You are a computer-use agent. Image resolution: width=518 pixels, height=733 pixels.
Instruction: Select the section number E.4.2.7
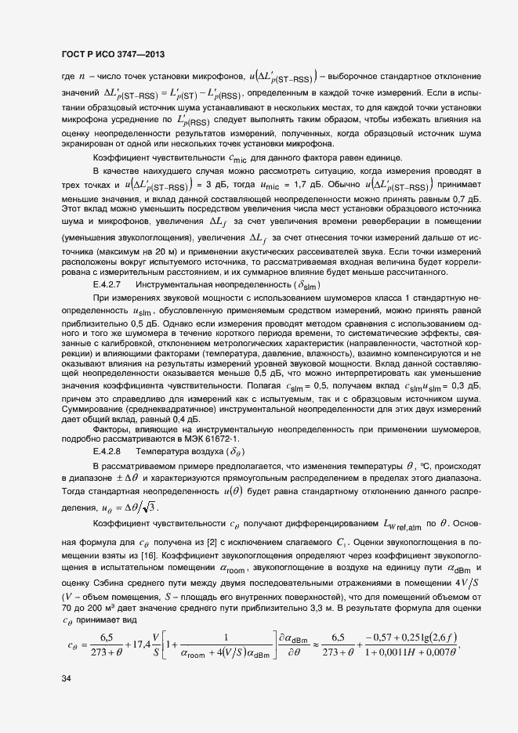click(x=106, y=283)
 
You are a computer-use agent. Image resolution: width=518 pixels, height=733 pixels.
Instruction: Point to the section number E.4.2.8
click(x=106, y=452)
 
